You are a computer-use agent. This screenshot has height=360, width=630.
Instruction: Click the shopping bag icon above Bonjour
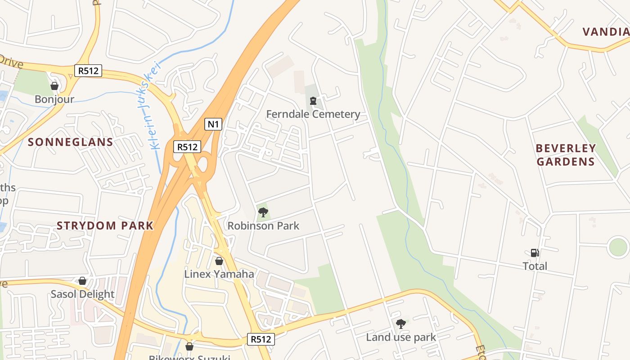click(54, 86)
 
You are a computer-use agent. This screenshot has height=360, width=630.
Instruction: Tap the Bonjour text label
click(54, 99)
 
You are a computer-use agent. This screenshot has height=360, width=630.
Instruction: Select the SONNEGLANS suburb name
click(71, 142)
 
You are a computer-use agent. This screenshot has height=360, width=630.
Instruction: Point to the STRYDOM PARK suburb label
click(105, 225)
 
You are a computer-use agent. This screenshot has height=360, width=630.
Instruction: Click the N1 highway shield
click(213, 124)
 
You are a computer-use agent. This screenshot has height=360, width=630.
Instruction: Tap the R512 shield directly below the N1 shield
click(187, 147)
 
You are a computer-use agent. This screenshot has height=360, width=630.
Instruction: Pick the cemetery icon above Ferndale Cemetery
click(313, 101)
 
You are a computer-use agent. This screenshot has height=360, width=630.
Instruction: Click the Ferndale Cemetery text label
click(313, 114)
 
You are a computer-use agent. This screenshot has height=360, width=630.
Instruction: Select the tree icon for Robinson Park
click(263, 212)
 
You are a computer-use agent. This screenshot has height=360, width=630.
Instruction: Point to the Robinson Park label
click(263, 226)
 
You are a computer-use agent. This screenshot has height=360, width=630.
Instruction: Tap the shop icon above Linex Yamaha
click(219, 261)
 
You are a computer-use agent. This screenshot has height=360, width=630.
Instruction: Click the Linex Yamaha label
click(219, 274)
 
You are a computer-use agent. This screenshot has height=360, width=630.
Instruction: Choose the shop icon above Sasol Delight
click(82, 281)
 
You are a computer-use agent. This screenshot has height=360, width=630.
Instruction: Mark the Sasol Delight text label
click(82, 294)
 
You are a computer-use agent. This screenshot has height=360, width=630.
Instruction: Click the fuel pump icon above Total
click(535, 253)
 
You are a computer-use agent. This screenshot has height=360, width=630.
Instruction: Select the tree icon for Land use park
click(400, 324)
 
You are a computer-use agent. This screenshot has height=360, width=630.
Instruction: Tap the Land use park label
click(400, 337)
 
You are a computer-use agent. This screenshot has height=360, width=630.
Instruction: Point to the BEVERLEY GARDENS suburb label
click(566, 155)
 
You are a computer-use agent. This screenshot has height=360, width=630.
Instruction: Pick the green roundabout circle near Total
click(618, 247)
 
